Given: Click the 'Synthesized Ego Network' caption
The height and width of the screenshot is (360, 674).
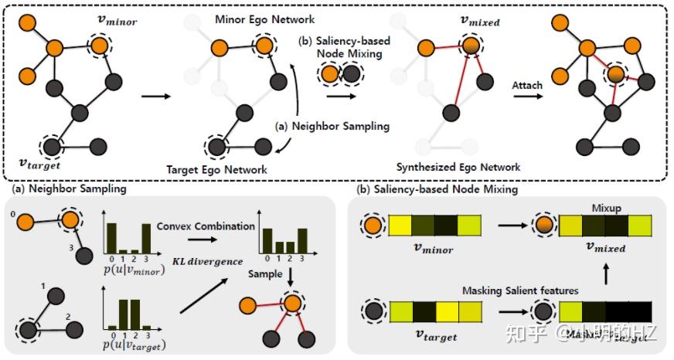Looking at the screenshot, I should (458, 167).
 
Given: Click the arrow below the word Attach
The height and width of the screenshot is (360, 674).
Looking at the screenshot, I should (528, 98).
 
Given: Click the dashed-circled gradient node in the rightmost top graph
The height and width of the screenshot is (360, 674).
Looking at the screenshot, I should (614, 76).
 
